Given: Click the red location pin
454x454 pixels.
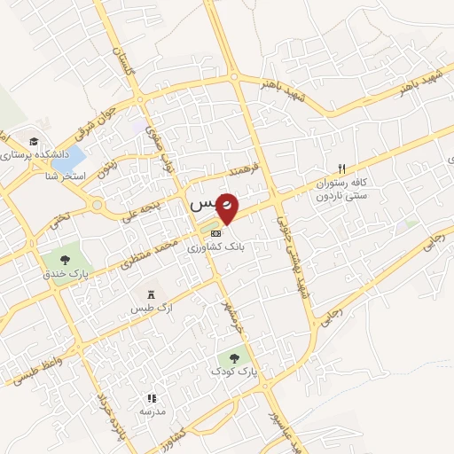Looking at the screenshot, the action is tap(228, 207).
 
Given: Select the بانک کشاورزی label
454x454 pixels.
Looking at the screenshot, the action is tap(216, 249).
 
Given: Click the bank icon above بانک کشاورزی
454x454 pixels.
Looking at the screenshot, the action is tap(216, 233).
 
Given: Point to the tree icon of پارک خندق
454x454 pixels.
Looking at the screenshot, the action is tap(66, 260).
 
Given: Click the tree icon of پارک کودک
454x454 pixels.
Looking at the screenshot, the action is tap(234, 358).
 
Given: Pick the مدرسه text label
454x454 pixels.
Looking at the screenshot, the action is tap(152, 412).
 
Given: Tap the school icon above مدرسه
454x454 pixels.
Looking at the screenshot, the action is tap(152, 398).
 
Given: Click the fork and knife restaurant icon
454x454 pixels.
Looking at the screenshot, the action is tap(341, 168).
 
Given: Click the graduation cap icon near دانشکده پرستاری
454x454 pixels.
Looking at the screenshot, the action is tap(34, 141).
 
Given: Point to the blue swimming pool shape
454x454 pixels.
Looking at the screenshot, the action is tap(69, 160).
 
